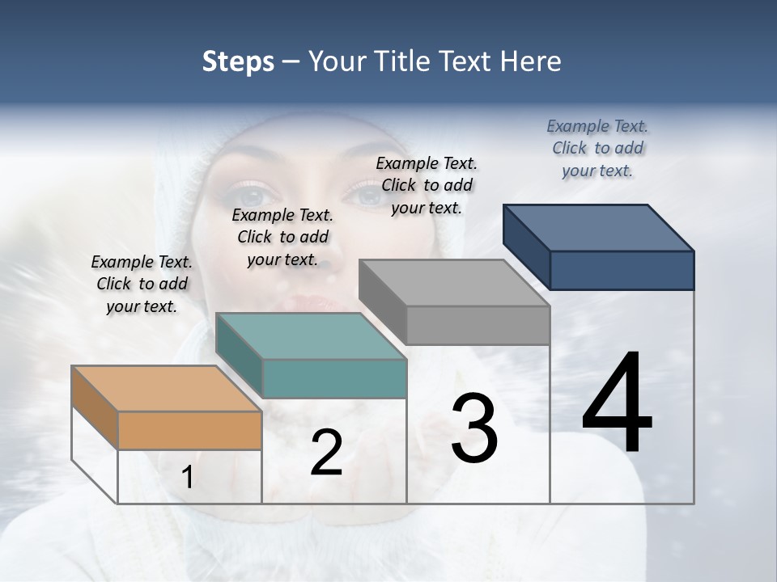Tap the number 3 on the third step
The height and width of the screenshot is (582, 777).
[x=473, y=428]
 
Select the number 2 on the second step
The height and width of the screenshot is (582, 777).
[x=326, y=453]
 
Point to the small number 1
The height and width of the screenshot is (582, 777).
[x=187, y=478]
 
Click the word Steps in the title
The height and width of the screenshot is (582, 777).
[x=238, y=61]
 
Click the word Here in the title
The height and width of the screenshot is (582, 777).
[x=530, y=61]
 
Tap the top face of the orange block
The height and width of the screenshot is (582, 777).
[x=166, y=389]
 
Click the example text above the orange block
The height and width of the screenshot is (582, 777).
[x=142, y=284]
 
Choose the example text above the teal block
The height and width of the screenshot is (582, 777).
[x=282, y=237]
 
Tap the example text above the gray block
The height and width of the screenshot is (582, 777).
[x=427, y=185]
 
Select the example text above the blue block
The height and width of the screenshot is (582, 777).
[x=597, y=148]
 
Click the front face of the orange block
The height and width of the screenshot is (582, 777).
[x=189, y=430]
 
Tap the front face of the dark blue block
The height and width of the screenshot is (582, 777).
[x=622, y=270]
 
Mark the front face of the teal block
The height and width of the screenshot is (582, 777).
[x=334, y=378]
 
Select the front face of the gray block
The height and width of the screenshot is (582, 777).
[x=478, y=325]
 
